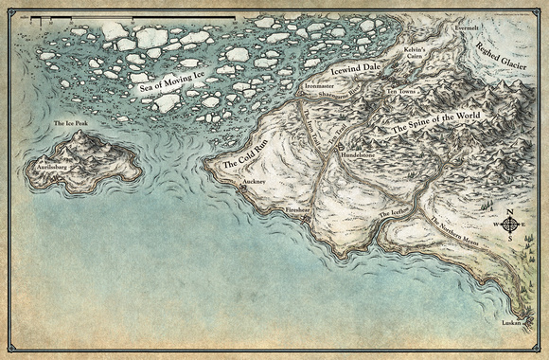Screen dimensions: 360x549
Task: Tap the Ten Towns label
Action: pyautogui.click(x=403, y=92)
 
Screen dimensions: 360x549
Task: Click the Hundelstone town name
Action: pyautogui.click(x=359, y=151)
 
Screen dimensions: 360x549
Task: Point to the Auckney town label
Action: pyautogui.click(x=255, y=179)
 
